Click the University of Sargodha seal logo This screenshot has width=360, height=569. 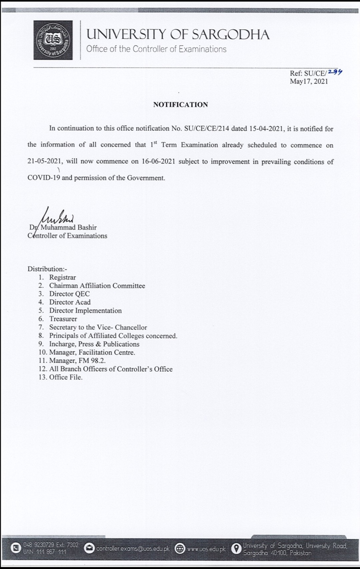(53, 40)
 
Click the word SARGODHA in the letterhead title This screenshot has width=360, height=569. (231, 35)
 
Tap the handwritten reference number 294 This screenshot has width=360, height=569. (335, 72)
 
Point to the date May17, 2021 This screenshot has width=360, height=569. (309, 81)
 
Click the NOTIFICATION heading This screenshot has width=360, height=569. (180, 105)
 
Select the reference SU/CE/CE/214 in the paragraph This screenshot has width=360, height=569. (207, 129)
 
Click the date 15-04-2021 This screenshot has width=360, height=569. (266, 129)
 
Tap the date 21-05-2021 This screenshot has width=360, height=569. (45, 161)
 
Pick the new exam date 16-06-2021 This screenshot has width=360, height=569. (158, 162)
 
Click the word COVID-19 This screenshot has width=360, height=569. (44, 178)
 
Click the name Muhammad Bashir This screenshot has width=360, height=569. (68, 228)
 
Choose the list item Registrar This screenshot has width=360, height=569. (62, 277)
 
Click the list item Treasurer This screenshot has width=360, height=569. (63, 319)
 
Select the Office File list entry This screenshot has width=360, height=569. (66, 377)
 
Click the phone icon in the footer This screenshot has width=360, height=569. (16, 548)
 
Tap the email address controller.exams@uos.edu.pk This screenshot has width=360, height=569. (133, 548)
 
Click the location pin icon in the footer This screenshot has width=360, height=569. (236, 548)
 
